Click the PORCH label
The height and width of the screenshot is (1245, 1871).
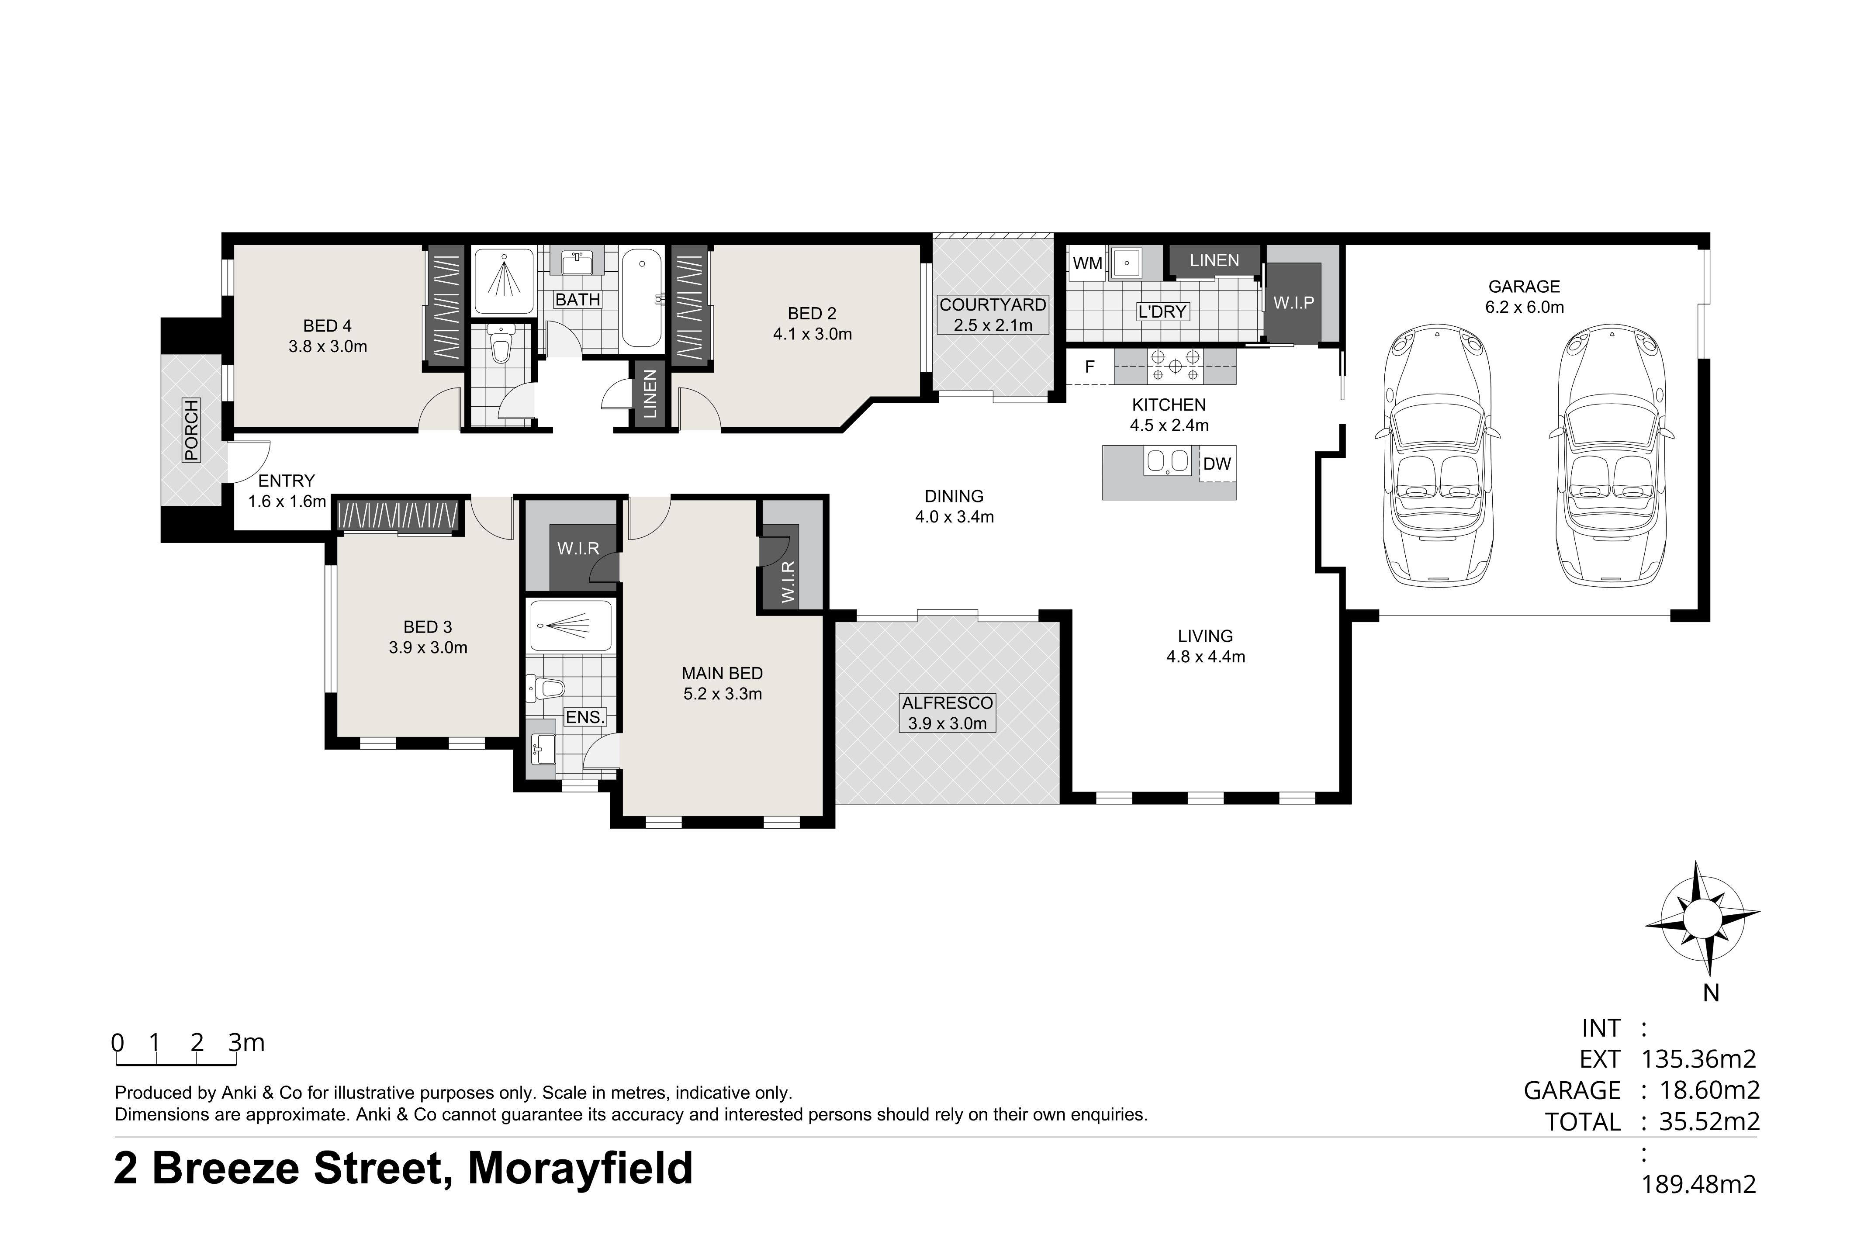click(190, 430)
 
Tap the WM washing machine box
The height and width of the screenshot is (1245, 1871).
click(1087, 263)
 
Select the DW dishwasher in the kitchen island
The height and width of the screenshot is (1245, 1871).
click(1217, 463)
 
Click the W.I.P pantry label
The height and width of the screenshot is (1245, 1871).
click(1293, 303)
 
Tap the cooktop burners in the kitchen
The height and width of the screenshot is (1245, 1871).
click(1175, 366)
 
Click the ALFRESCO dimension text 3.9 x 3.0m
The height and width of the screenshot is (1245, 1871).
click(947, 723)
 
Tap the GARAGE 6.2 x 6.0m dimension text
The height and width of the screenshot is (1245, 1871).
click(1524, 307)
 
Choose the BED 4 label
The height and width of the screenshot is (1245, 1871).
click(327, 325)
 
